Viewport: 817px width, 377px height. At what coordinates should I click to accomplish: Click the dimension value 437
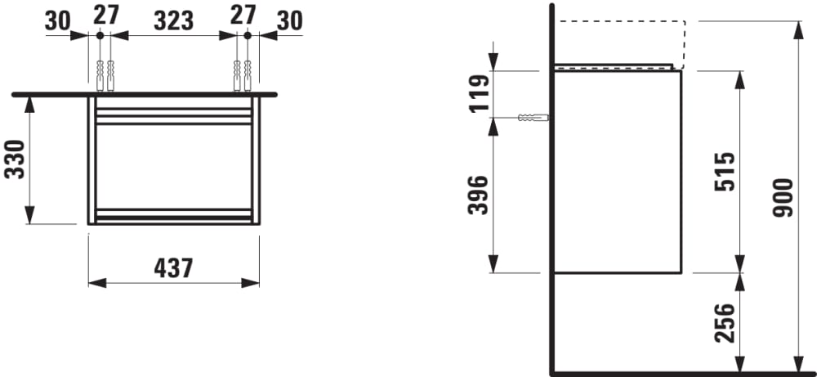(173, 268)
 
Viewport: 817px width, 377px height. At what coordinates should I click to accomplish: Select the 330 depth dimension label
(15, 159)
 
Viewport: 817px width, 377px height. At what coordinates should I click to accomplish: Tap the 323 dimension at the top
(173, 21)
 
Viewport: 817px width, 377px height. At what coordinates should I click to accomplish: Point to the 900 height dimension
(783, 198)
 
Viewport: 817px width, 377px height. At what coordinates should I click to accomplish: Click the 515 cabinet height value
(725, 172)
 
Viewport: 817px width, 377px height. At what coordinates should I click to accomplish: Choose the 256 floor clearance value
(725, 323)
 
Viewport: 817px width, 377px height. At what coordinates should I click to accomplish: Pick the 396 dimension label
(479, 195)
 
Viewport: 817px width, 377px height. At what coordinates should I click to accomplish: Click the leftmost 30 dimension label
(57, 21)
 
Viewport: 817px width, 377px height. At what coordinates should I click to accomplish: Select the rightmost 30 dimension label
(290, 21)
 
